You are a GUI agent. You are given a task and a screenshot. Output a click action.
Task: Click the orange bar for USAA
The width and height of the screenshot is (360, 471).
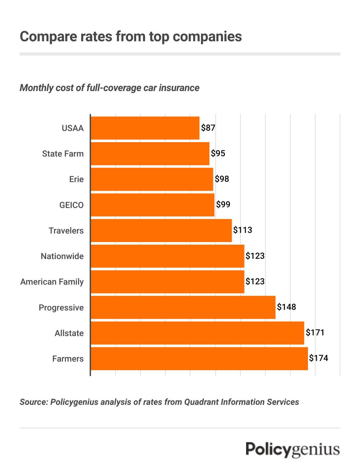tap(145, 128)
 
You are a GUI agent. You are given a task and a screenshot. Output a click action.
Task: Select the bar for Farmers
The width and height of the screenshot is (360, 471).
tap(199, 359)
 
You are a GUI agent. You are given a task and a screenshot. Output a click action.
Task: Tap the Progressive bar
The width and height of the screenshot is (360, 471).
tap(183, 307)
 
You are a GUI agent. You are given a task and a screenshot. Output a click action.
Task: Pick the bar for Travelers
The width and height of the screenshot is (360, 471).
tap(161, 231)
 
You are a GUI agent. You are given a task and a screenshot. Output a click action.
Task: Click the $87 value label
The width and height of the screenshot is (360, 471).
tap(208, 128)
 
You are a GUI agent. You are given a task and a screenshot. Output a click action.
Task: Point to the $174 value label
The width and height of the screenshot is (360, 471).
tap(318, 358)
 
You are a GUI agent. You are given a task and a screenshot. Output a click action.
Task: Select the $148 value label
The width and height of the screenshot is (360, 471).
tap(286, 307)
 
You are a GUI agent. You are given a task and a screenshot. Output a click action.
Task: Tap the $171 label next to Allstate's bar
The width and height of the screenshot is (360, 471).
tap(315, 333)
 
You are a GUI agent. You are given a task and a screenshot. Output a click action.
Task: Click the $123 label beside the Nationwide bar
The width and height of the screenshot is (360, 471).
tap(255, 256)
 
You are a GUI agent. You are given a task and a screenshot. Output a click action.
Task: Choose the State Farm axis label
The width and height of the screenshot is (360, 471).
tap(63, 154)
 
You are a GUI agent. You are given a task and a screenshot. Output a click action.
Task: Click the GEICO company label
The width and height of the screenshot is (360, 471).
tap(71, 205)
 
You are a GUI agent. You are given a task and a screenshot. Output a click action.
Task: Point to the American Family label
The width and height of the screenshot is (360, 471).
tap(52, 282)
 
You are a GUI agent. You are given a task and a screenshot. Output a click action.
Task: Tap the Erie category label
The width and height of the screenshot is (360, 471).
tap(76, 179)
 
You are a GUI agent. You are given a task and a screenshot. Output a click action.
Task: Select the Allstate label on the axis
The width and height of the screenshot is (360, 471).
tap(69, 333)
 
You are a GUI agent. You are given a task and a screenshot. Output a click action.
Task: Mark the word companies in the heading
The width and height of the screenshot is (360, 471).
tap(207, 36)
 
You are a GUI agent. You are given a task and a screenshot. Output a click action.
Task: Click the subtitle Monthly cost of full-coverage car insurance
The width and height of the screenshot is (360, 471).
tap(109, 88)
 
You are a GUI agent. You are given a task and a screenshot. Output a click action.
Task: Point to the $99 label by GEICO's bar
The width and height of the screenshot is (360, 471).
tap(223, 205)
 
